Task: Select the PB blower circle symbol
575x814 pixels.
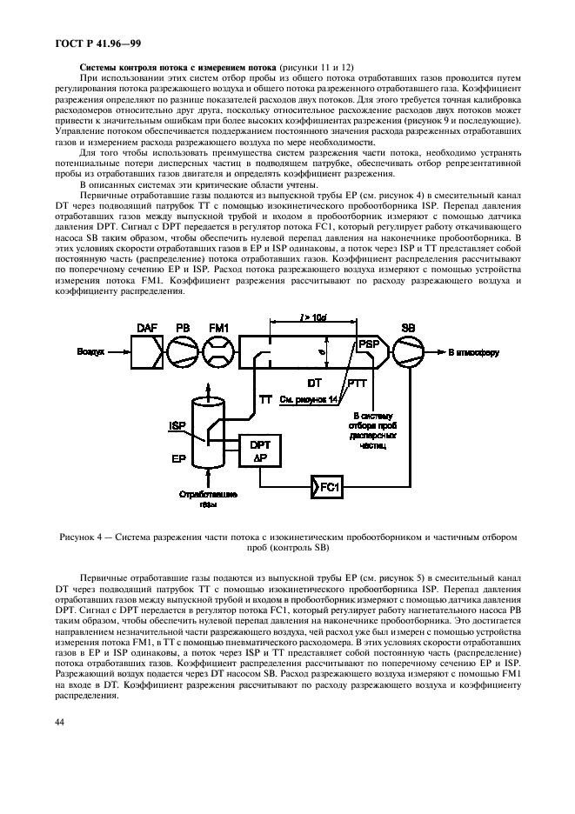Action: coord(183,352)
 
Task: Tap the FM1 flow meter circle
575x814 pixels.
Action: coord(218,352)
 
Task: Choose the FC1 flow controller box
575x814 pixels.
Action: coord(326,484)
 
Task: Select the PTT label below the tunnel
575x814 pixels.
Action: coord(357,383)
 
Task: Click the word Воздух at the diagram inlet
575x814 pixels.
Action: coord(90,352)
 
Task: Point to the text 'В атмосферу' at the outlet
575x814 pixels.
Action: coord(475,352)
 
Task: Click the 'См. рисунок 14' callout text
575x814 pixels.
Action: coord(310,399)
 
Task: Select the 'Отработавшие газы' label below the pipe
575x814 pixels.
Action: coord(197,498)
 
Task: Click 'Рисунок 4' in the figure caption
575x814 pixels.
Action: coord(83,537)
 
